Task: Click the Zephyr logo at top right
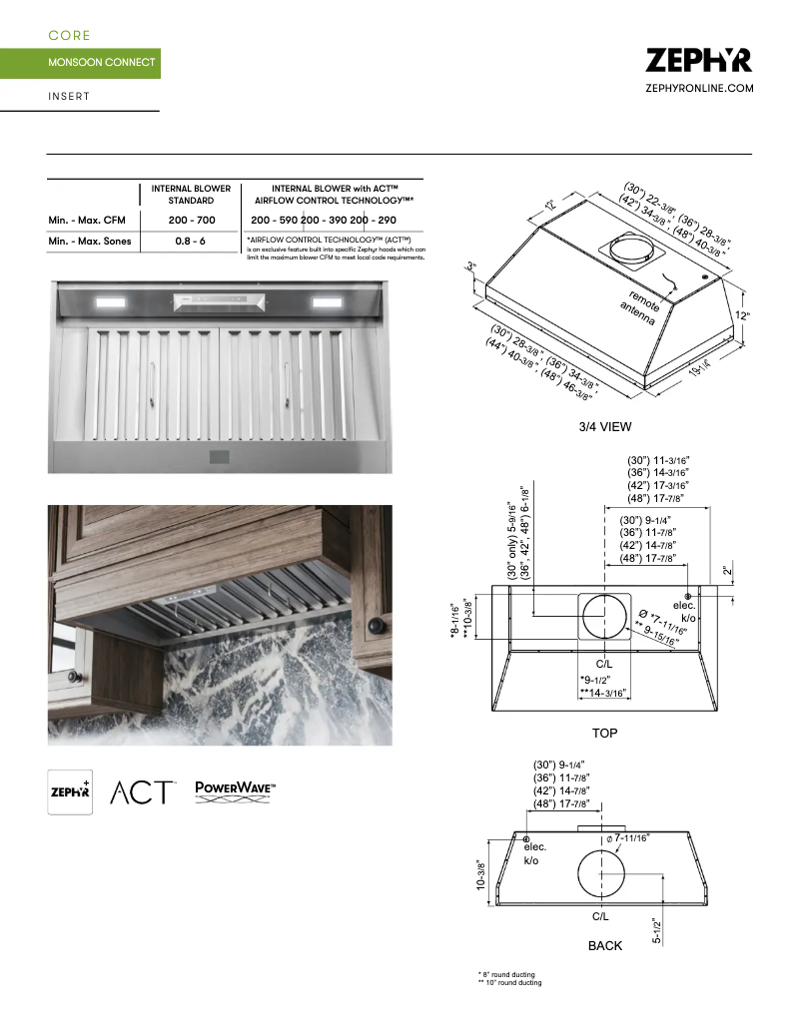coord(698,60)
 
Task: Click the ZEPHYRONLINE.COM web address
coord(699,89)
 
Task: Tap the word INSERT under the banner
coord(69,97)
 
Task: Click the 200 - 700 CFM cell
coord(191,220)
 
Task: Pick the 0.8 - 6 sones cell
coord(191,242)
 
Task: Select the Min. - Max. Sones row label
coord(90,242)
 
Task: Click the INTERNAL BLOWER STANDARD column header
coord(191,194)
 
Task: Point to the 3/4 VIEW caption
coord(605,427)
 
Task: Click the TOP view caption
coord(604,734)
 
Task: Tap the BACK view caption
coord(604,945)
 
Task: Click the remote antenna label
coord(640,308)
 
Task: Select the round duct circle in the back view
coord(602,877)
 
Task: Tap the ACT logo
coord(144,792)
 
